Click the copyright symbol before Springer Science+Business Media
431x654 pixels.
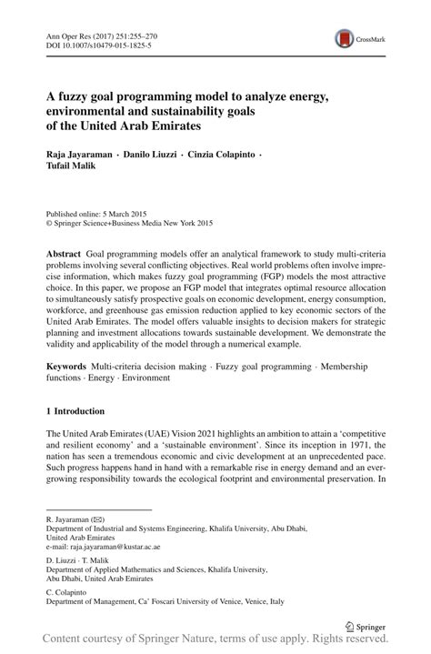49,219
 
